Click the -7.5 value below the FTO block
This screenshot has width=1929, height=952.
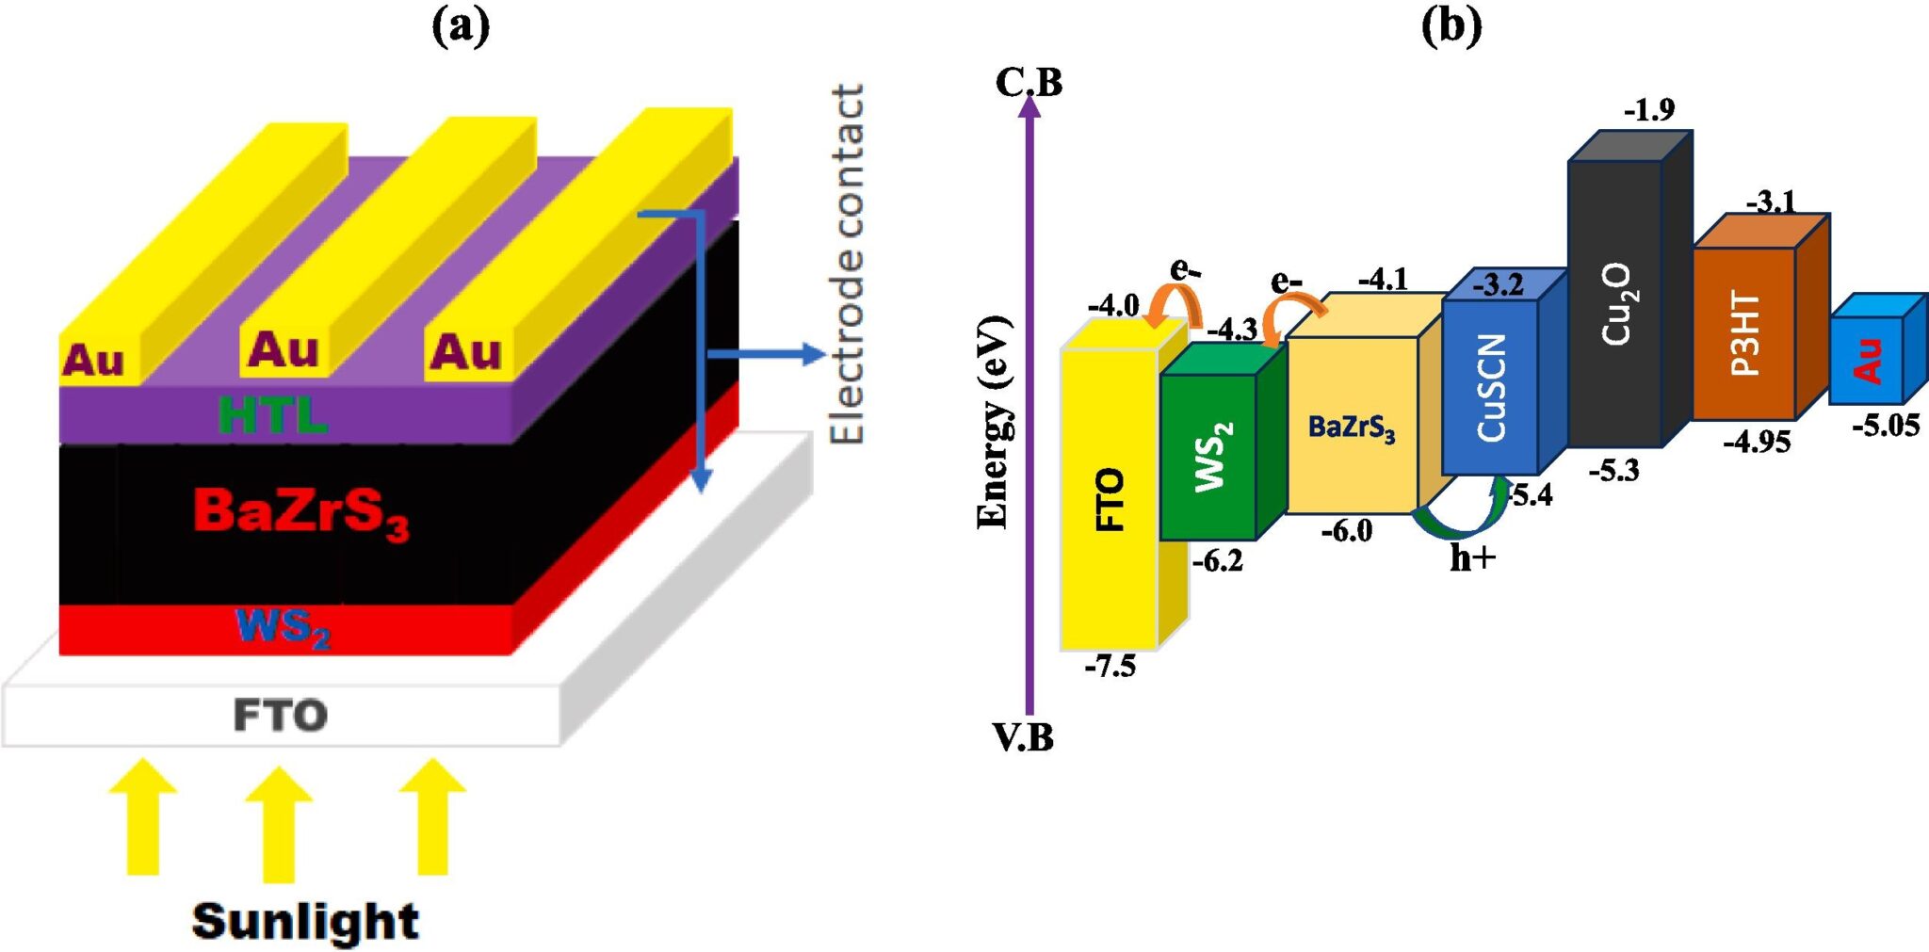pos(1110,667)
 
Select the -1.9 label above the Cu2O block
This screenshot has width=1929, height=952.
pos(1649,110)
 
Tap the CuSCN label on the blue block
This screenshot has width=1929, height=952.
pos(1492,387)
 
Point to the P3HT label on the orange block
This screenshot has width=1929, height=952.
pos(1745,333)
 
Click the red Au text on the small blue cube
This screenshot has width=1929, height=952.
pos(1869,361)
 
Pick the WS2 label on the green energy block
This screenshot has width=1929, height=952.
pos(1213,457)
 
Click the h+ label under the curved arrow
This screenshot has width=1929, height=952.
pos(1472,558)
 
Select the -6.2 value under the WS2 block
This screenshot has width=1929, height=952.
pos(1217,561)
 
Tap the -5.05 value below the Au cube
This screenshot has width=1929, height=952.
pos(1885,426)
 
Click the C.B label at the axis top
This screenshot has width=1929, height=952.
pos(1029,83)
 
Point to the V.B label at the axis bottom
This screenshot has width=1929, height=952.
pos(1023,737)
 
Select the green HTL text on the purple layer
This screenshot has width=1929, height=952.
pos(272,415)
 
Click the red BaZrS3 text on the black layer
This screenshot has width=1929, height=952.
pos(301,512)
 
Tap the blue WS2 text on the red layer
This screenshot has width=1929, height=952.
pos(283,627)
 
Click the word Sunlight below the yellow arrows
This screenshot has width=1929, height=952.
pos(305,920)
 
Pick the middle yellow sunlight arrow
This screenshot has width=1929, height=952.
pos(278,824)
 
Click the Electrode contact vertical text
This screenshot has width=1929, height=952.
pos(847,264)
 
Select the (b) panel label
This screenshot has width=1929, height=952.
pos(1451,25)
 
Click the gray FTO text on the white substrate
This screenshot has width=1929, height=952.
pos(281,716)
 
